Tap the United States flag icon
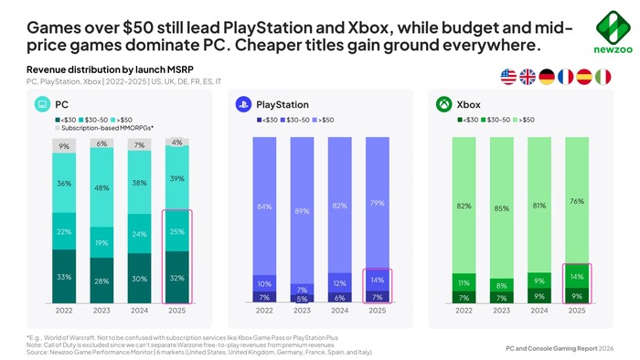click(509, 78)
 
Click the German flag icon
click(547, 78)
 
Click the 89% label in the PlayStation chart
click(302, 211)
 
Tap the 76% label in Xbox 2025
click(576, 200)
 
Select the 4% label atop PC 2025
click(176, 142)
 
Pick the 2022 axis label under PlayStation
click(264, 311)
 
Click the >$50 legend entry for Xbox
click(524, 120)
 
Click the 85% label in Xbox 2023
click(501, 208)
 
